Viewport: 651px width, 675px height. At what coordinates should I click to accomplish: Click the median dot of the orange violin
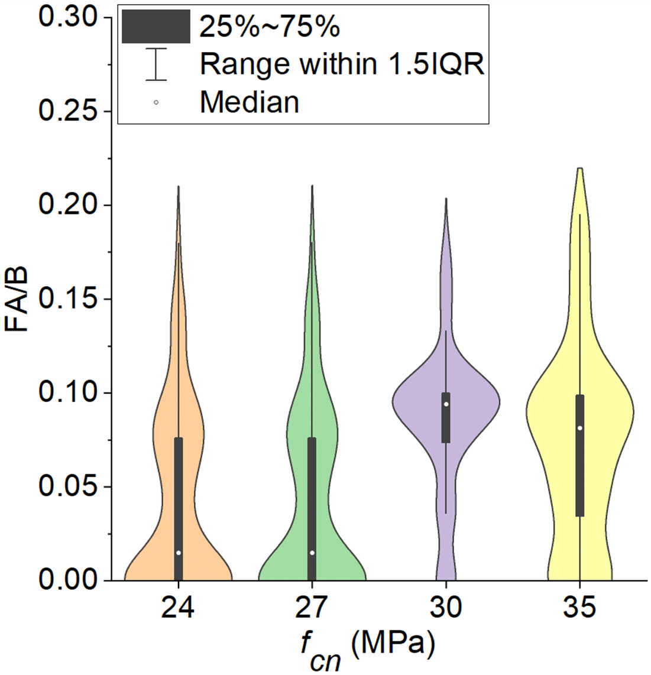[x=179, y=553]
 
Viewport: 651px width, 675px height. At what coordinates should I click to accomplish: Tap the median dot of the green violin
[x=312, y=553]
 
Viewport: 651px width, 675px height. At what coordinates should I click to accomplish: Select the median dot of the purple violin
[x=446, y=404]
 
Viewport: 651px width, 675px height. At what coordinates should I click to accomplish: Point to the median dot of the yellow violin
[x=580, y=428]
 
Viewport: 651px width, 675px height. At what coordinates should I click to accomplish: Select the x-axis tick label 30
[x=446, y=608]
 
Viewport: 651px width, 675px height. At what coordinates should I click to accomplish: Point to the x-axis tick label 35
[x=580, y=608]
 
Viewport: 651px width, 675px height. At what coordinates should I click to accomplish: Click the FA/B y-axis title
[x=18, y=299]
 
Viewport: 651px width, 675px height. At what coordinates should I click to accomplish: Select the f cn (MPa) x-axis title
[x=367, y=647]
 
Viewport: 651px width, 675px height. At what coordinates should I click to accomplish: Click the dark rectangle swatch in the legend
[x=156, y=27]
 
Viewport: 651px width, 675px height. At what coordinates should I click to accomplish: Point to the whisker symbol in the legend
[x=156, y=64]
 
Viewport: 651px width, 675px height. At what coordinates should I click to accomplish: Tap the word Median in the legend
[x=250, y=102]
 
